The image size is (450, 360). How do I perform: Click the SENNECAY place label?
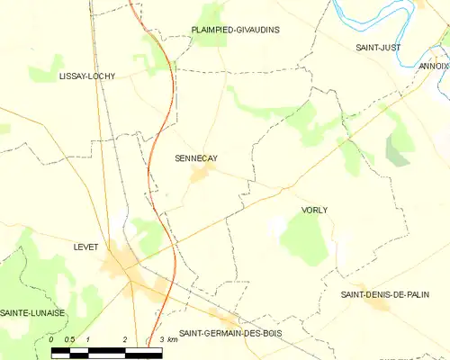point(195,158)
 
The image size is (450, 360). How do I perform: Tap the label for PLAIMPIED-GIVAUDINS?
point(235,30)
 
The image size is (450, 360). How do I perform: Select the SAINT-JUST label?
point(378,47)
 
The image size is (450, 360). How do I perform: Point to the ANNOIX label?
point(434,66)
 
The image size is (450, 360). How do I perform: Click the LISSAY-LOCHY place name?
point(86,76)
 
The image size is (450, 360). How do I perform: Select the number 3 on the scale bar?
point(160,338)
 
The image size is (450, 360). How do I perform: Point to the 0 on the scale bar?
point(52,338)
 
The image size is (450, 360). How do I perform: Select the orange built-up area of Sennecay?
point(200,176)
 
